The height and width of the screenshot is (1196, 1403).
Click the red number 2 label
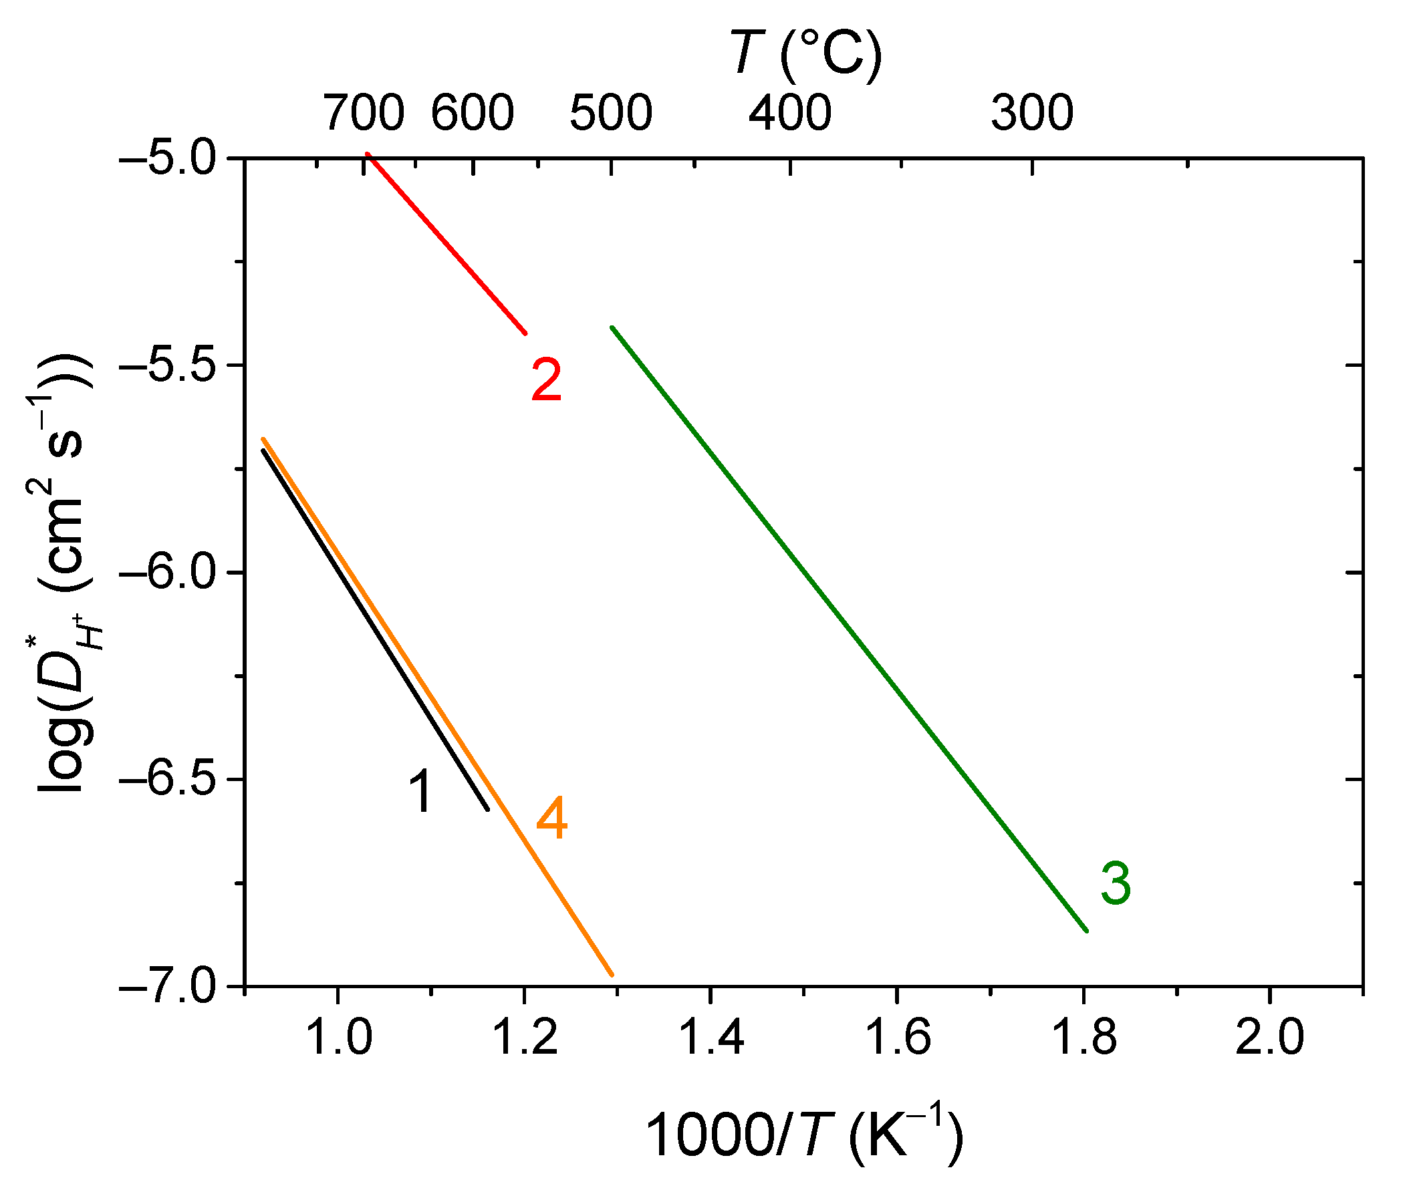[x=546, y=380]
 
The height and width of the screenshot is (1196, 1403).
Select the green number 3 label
[x=1115, y=883]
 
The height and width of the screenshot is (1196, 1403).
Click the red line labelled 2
[x=447, y=244]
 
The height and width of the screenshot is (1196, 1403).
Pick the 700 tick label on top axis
[x=364, y=113]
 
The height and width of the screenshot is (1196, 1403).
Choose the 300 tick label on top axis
[x=1032, y=113]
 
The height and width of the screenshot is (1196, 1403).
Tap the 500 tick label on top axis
[x=611, y=113]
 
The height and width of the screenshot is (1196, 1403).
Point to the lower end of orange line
[x=612, y=974]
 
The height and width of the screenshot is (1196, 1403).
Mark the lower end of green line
[x=1086, y=931]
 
